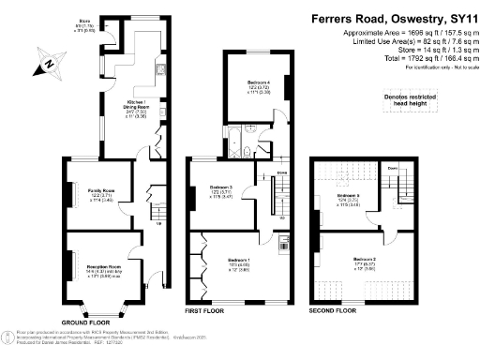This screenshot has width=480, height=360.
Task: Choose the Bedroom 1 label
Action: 241,260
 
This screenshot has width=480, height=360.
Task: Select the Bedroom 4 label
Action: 247,87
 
